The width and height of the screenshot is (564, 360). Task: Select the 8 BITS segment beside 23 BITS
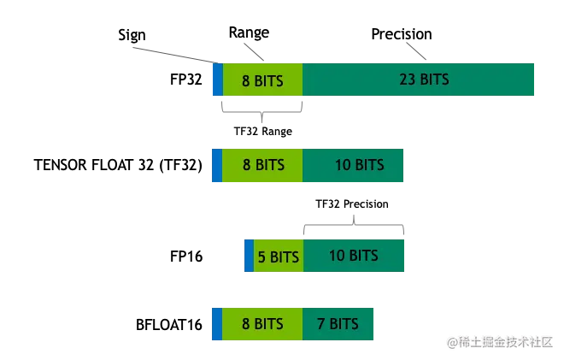(x=262, y=80)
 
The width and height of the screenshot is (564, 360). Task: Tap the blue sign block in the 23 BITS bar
(x=217, y=79)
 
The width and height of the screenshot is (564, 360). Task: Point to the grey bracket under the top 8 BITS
(x=263, y=112)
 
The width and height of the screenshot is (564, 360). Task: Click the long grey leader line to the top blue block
(x=171, y=56)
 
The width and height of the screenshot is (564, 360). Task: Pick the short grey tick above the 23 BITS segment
(x=417, y=50)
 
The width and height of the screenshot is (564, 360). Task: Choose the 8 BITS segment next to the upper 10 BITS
(x=262, y=165)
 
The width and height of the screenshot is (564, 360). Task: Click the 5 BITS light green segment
(x=279, y=257)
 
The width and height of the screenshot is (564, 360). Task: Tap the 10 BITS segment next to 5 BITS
(x=353, y=256)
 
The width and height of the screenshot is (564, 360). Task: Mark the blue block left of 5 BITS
(x=249, y=257)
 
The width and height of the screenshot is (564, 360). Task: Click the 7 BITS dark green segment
(x=338, y=324)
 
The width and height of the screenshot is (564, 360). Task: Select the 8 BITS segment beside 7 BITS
(x=262, y=324)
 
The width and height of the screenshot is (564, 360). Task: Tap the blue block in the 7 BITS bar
(x=217, y=324)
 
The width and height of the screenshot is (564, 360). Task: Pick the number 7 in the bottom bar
(x=320, y=324)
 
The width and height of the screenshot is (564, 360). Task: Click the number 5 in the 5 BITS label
(x=261, y=257)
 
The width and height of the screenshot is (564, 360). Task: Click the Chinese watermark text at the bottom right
(x=500, y=341)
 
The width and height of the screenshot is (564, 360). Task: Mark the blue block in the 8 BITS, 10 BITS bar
(x=217, y=165)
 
